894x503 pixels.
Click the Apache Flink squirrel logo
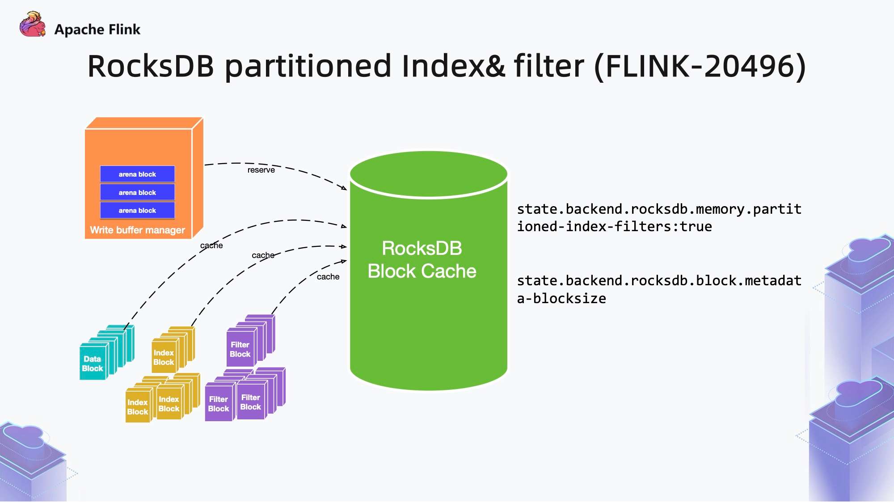coord(33,25)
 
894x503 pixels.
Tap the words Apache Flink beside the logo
coord(97,30)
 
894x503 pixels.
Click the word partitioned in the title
coord(308,66)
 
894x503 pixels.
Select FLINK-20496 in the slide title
coord(700,66)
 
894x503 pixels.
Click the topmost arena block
coord(137,174)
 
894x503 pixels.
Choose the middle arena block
coord(137,192)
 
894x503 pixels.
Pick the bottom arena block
coord(137,211)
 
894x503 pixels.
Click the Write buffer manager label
coord(137,230)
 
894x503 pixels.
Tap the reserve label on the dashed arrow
coord(261,170)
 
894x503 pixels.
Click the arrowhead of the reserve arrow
coord(344,189)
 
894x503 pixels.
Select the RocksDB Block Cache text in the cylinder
coord(422,260)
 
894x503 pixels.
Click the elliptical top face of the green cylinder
coord(428,173)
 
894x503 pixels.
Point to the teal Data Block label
coord(93,364)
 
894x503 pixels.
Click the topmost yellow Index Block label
coord(164,358)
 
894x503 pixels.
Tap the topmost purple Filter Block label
coord(240,350)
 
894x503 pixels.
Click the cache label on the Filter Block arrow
coord(328,277)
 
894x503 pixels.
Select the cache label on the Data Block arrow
coord(211,245)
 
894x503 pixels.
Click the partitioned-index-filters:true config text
coord(659,218)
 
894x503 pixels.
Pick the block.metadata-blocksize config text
coord(659,289)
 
